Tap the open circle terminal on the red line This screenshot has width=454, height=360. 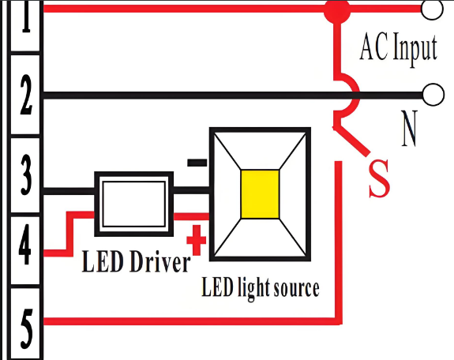(433, 9)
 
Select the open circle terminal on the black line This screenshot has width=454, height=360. (433, 95)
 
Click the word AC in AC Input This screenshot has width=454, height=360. (374, 49)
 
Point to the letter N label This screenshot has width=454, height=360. (408, 131)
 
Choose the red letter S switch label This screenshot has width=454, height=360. (380, 178)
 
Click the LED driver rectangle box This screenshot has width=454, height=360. (133, 203)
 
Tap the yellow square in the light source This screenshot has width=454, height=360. (260, 193)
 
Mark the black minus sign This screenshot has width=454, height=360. (197, 163)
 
